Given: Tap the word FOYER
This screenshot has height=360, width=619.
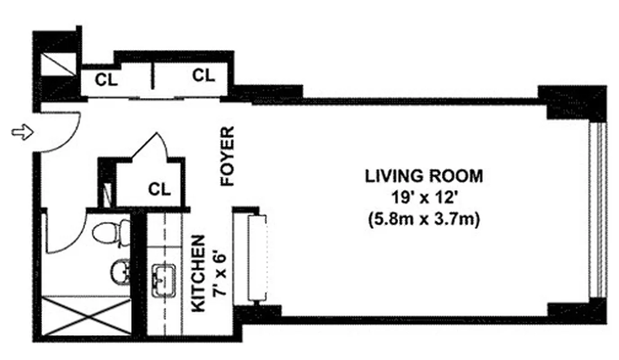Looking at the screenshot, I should pyautogui.click(x=228, y=156).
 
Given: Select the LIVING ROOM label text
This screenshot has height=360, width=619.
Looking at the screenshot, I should pyautogui.click(x=424, y=175).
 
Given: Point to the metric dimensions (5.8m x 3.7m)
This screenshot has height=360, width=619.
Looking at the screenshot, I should pyautogui.click(x=424, y=220).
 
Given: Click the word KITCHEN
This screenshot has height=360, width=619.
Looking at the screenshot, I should pyautogui.click(x=198, y=273).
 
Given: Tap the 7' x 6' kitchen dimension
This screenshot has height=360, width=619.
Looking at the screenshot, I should pyautogui.click(x=217, y=273).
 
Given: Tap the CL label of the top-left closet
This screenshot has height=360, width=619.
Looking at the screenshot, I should pyautogui.click(x=106, y=80).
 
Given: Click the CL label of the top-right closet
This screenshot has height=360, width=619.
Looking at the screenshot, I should pyautogui.click(x=203, y=76).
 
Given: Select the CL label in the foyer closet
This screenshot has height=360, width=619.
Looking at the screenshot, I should pyautogui.click(x=160, y=189).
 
